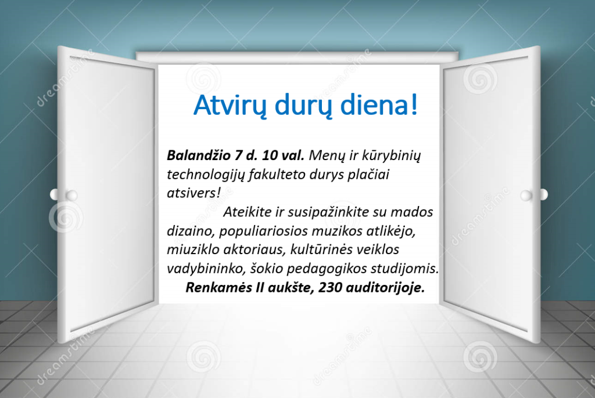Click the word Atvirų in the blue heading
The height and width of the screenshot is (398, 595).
point(231,105)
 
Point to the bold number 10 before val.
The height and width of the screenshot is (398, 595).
point(270,155)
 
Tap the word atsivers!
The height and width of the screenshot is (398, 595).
point(193,193)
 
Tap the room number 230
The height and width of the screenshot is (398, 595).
point(330,288)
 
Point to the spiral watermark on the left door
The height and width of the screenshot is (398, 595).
point(66,219)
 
